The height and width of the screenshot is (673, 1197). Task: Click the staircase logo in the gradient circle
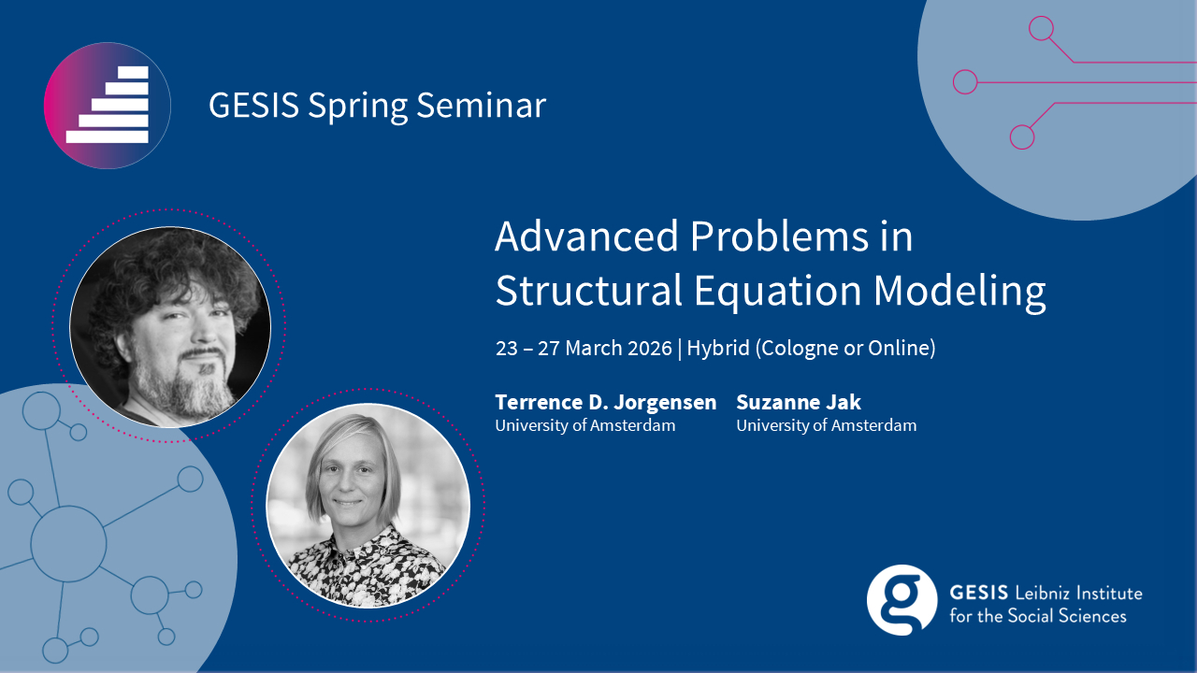(x=108, y=105)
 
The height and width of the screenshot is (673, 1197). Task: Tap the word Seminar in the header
(x=481, y=105)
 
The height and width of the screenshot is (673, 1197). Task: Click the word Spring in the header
(x=357, y=107)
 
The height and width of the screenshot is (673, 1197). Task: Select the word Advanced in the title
(x=586, y=236)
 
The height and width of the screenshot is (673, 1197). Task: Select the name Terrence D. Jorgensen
(x=605, y=402)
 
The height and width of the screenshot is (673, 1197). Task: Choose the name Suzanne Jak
(x=799, y=402)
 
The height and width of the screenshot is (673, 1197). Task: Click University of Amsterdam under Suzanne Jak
(x=826, y=425)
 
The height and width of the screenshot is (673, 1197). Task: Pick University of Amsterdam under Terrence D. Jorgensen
(x=585, y=425)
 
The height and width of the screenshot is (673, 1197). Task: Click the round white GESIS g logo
(x=901, y=600)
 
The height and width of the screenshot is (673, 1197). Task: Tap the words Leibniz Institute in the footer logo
(x=1078, y=593)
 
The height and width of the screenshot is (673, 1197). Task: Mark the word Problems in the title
(x=779, y=236)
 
